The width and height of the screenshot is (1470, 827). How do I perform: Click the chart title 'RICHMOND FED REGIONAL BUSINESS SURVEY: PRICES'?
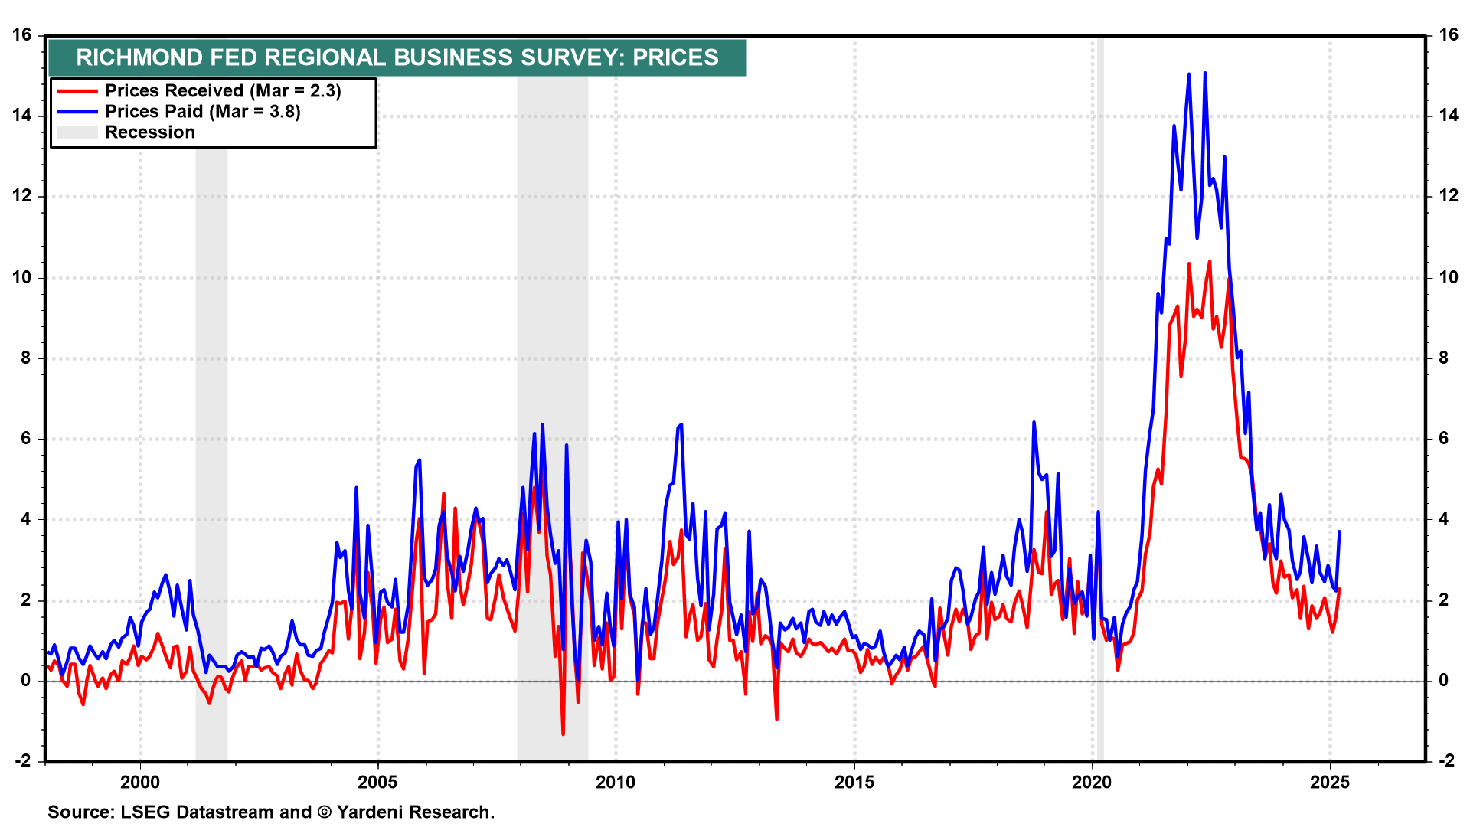(x=397, y=57)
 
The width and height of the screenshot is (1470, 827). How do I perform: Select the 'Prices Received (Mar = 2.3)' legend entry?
(x=223, y=91)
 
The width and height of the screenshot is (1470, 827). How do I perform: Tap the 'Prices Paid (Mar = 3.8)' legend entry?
(x=202, y=112)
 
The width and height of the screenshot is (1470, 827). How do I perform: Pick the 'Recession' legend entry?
(x=150, y=132)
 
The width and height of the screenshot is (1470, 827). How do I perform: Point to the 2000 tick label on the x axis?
(x=140, y=782)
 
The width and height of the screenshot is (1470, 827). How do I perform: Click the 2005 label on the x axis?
(x=378, y=782)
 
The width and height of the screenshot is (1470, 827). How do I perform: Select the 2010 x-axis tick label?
(x=616, y=782)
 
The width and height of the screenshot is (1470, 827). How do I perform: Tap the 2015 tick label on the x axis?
(x=854, y=782)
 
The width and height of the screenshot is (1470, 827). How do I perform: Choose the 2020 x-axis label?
(x=1092, y=782)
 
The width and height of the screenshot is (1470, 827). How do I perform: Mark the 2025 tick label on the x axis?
(x=1330, y=782)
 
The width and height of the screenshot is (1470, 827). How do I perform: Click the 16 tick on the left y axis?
(x=22, y=35)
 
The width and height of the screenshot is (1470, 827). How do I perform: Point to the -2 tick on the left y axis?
(x=22, y=761)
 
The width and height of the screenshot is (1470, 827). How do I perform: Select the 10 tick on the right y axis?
(x=1449, y=277)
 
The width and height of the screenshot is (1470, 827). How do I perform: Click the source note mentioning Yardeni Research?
(x=271, y=812)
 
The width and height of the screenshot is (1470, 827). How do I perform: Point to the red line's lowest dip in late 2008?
(x=563, y=734)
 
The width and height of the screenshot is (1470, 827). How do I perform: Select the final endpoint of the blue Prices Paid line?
(x=1339, y=531)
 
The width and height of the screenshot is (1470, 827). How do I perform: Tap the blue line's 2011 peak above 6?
(x=681, y=424)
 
